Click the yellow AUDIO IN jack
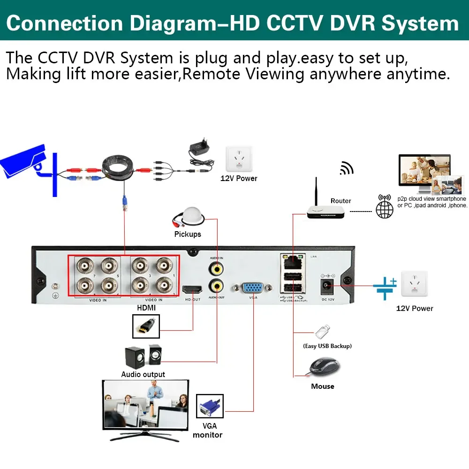217,269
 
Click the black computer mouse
323,366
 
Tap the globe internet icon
385,207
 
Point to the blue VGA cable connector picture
209,406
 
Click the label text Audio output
143,374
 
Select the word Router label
340,201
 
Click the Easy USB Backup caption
327,346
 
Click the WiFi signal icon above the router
347,168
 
